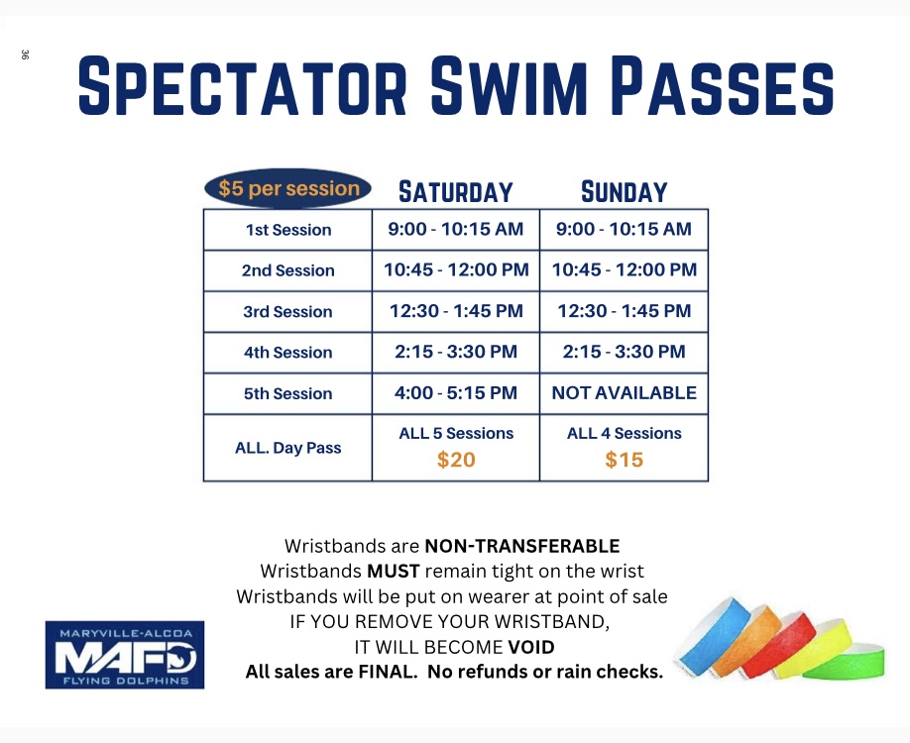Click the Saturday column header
coord(456,192)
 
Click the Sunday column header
coord(624,192)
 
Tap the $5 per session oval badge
coord(287,188)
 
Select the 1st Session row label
coord(287,230)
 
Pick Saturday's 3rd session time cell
coord(456,311)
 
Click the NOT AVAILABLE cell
coord(624,392)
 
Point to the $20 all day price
coord(456,460)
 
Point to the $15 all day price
coord(624,460)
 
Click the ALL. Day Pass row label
coord(287,448)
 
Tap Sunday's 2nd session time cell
coord(624,269)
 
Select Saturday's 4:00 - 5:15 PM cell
coord(456,392)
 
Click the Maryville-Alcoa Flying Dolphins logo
coord(125,655)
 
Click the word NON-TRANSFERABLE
coord(522,546)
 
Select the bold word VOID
coord(531,647)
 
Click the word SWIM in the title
coord(509,86)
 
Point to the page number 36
coord(25,54)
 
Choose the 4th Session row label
coord(287,352)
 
